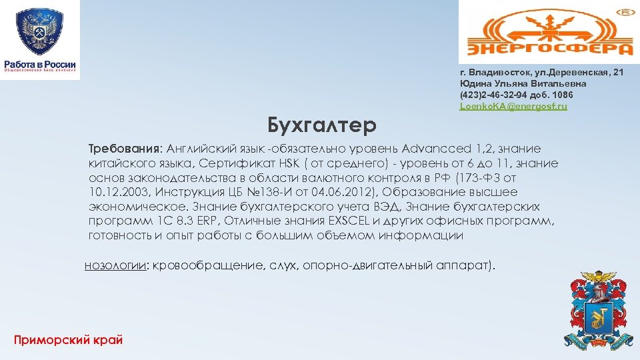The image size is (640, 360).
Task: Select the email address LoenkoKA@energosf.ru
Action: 513,107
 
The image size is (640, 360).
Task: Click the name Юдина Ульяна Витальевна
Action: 523,83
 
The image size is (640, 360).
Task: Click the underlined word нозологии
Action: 115,267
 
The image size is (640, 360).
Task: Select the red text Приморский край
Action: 68,340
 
